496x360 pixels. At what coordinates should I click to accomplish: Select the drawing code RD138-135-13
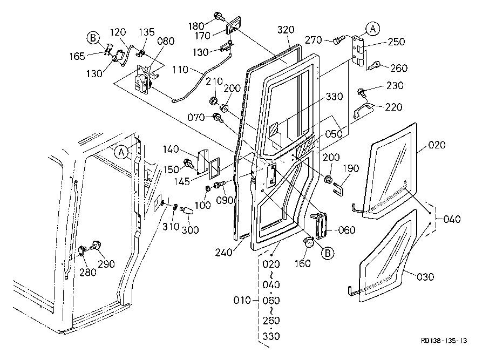click(x=444, y=341)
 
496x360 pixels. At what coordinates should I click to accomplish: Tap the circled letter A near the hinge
click(x=372, y=28)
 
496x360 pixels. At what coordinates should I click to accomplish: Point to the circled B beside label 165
click(x=93, y=38)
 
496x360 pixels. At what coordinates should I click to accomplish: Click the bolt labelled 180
click(x=220, y=16)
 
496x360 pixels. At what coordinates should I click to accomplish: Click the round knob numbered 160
click(x=309, y=243)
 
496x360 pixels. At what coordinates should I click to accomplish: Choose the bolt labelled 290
click(x=98, y=246)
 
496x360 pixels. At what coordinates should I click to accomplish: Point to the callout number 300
click(x=190, y=230)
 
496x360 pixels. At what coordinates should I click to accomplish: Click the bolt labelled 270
click(x=339, y=39)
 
